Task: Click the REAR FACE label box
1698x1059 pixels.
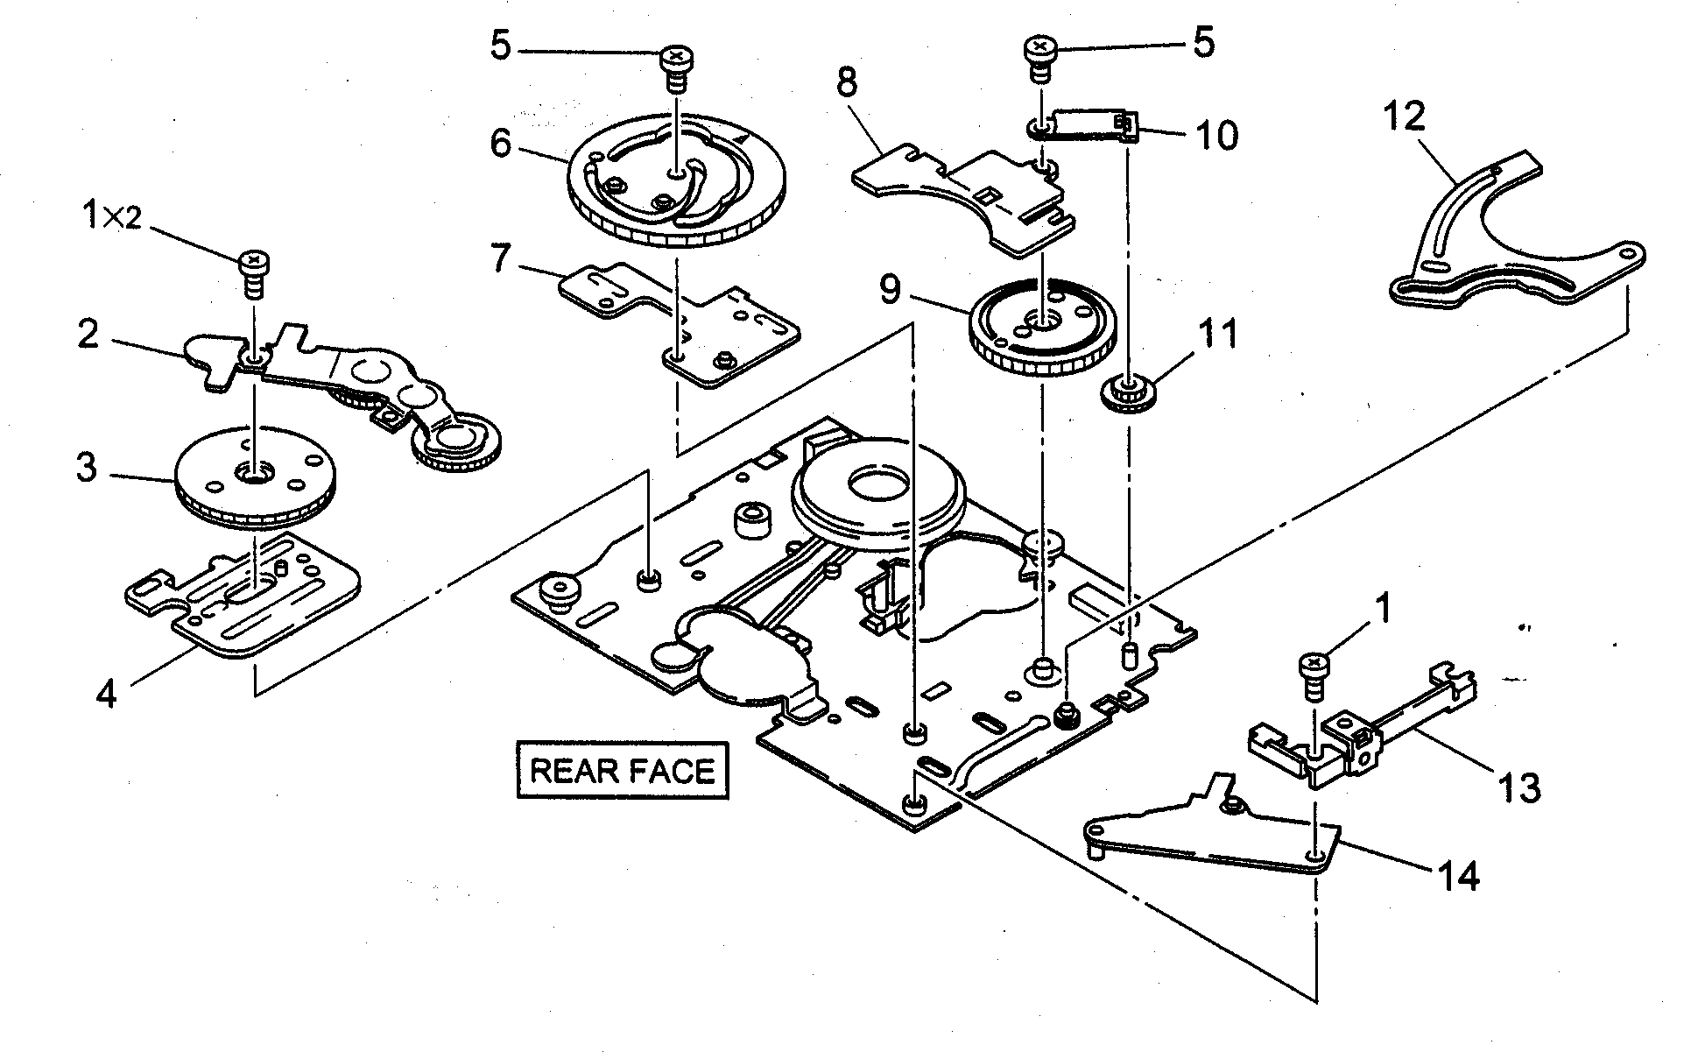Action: pyautogui.click(x=623, y=771)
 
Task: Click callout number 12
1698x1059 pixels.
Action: pyautogui.click(x=1405, y=116)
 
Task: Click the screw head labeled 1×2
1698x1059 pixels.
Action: pyautogui.click(x=254, y=260)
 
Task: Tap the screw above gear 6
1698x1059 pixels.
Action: pyautogui.click(x=675, y=60)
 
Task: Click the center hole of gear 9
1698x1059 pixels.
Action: pyautogui.click(x=1040, y=323)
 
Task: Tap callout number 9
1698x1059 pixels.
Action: pyautogui.click(x=891, y=288)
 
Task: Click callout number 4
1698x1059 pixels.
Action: pyautogui.click(x=106, y=695)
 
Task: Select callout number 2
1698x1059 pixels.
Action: pyautogui.click(x=88, y=335)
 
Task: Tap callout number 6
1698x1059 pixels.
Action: pyautogui.click(x=500, y=143)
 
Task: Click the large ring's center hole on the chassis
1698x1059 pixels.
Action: pyautogui.click(x=876, y=484)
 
